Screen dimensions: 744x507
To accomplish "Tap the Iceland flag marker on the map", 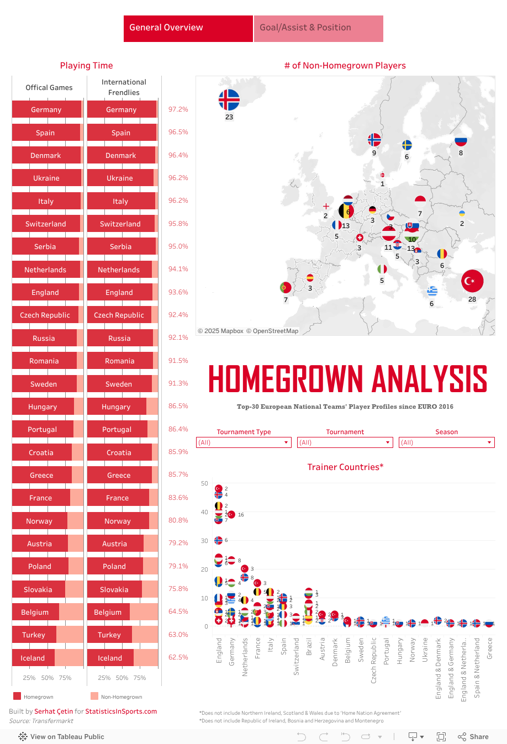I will coord(229,100).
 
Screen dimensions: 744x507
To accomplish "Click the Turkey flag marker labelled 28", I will coord(472,281).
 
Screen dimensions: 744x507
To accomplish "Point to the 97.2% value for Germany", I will coord(178,109).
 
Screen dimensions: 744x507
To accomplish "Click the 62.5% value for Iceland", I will coord(178,657).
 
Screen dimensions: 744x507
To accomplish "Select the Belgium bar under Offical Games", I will coord(35,612).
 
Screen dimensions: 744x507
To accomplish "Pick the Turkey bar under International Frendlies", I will coord(109,635).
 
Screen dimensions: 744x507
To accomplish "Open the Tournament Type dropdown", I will coord(244,442).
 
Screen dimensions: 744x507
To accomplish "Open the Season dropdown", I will coord(446,442).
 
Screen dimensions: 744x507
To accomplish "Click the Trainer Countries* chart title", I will coord(345,467).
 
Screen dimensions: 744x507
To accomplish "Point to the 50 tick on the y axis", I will coord(204,484).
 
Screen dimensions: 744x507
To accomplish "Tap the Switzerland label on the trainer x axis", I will coord(296,656).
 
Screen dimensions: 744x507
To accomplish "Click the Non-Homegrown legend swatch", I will coord(94,696).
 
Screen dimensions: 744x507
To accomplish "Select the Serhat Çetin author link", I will coord(54,711).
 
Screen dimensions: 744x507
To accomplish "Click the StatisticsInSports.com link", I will coord(121,711).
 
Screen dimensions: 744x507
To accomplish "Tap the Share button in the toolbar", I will coord(473,736).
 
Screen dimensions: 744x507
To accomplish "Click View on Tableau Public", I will coord(61,736).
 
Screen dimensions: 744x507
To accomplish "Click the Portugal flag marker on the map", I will coord(286,287).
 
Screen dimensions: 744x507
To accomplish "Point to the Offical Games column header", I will coord(49,87).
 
